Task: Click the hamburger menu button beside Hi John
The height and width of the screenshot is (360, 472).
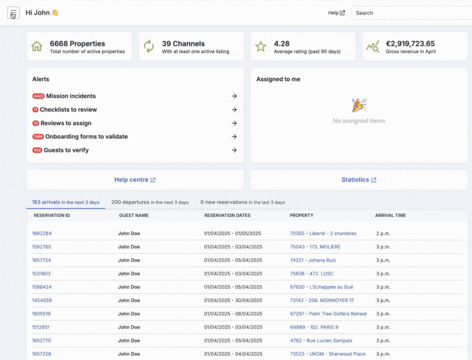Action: click(13, 13)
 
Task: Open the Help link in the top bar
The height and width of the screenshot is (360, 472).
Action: click(336, 13)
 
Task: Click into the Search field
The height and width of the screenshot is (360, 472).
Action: click(411, 13)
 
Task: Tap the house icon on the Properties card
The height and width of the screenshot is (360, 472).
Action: click(37, 46)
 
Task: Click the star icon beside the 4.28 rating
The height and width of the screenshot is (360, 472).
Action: click(261, 46)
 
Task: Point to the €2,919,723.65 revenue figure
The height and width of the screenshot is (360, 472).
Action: click(410, 44)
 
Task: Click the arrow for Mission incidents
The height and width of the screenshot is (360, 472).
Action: click(234, 96)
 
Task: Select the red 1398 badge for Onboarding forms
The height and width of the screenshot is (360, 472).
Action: click(38, 136)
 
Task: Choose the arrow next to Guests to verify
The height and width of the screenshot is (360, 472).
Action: click(234, 150)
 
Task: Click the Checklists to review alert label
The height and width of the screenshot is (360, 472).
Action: click(69, 110)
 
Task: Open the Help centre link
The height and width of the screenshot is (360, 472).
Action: click(135, 180)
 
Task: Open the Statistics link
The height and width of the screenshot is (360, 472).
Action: click(359, 180)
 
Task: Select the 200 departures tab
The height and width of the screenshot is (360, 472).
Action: click(150, 202)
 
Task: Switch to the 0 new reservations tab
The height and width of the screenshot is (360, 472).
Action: click(243, 202)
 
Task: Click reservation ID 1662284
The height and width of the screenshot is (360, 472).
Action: click(42, 233)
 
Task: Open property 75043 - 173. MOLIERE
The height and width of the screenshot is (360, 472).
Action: click(315, 247)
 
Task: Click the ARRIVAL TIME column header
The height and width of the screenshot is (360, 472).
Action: click(390, 215)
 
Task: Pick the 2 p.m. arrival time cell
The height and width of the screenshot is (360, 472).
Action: click(383, 233)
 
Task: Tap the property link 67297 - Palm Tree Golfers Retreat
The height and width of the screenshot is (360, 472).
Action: click(328, 314)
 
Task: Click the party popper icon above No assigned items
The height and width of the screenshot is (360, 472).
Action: click(359, 105)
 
